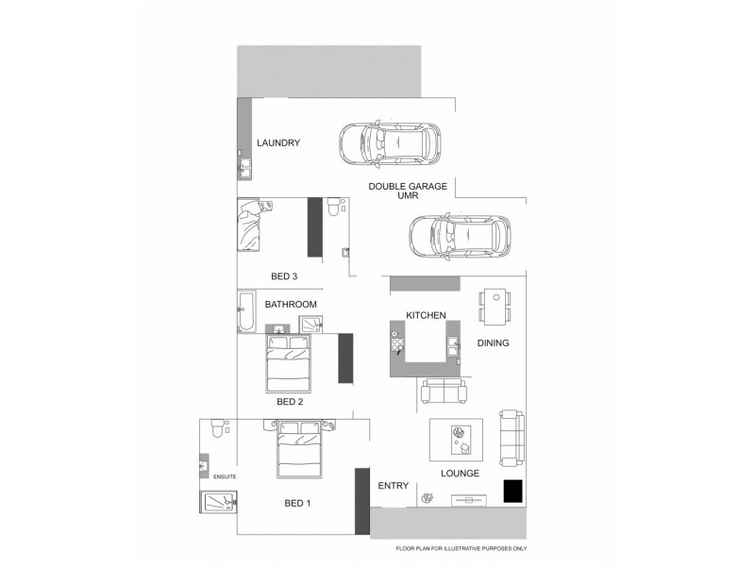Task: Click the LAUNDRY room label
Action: pyautogui.click(x=278, y=143)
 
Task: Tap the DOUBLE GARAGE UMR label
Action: pyautogui.click(x=408, y=191)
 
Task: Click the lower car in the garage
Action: pyautogui.click(x=460, y=236)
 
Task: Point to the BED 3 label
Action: pyautogui.click(x=284, y=276)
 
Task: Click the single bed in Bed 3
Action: pyautogui.click(x=254, y=225)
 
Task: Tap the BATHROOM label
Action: pyautogui.click(x=290, y=305)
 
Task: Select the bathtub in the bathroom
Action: pyautogui.click(x=245, y=312)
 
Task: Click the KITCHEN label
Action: pyautogui.click(x=426, y=315)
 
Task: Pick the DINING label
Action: pyautogui.click(x=493, y=343)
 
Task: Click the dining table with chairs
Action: pyautogui.click(x=495, y=306)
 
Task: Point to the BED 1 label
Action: pyautogui.click(x=297, y=503)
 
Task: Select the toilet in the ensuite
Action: pyautogui.click(x=216, y=430)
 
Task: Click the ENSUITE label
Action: pyautogui.click(x=224, y=478)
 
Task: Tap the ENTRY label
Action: pyautogui.click(x=393, y=486)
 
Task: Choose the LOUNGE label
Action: pyautogui.click(x=461, y=474)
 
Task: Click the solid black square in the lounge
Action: pyautogui.click(x=512, y=491)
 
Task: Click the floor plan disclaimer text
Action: pyautogui.click(x=461, y=548)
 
